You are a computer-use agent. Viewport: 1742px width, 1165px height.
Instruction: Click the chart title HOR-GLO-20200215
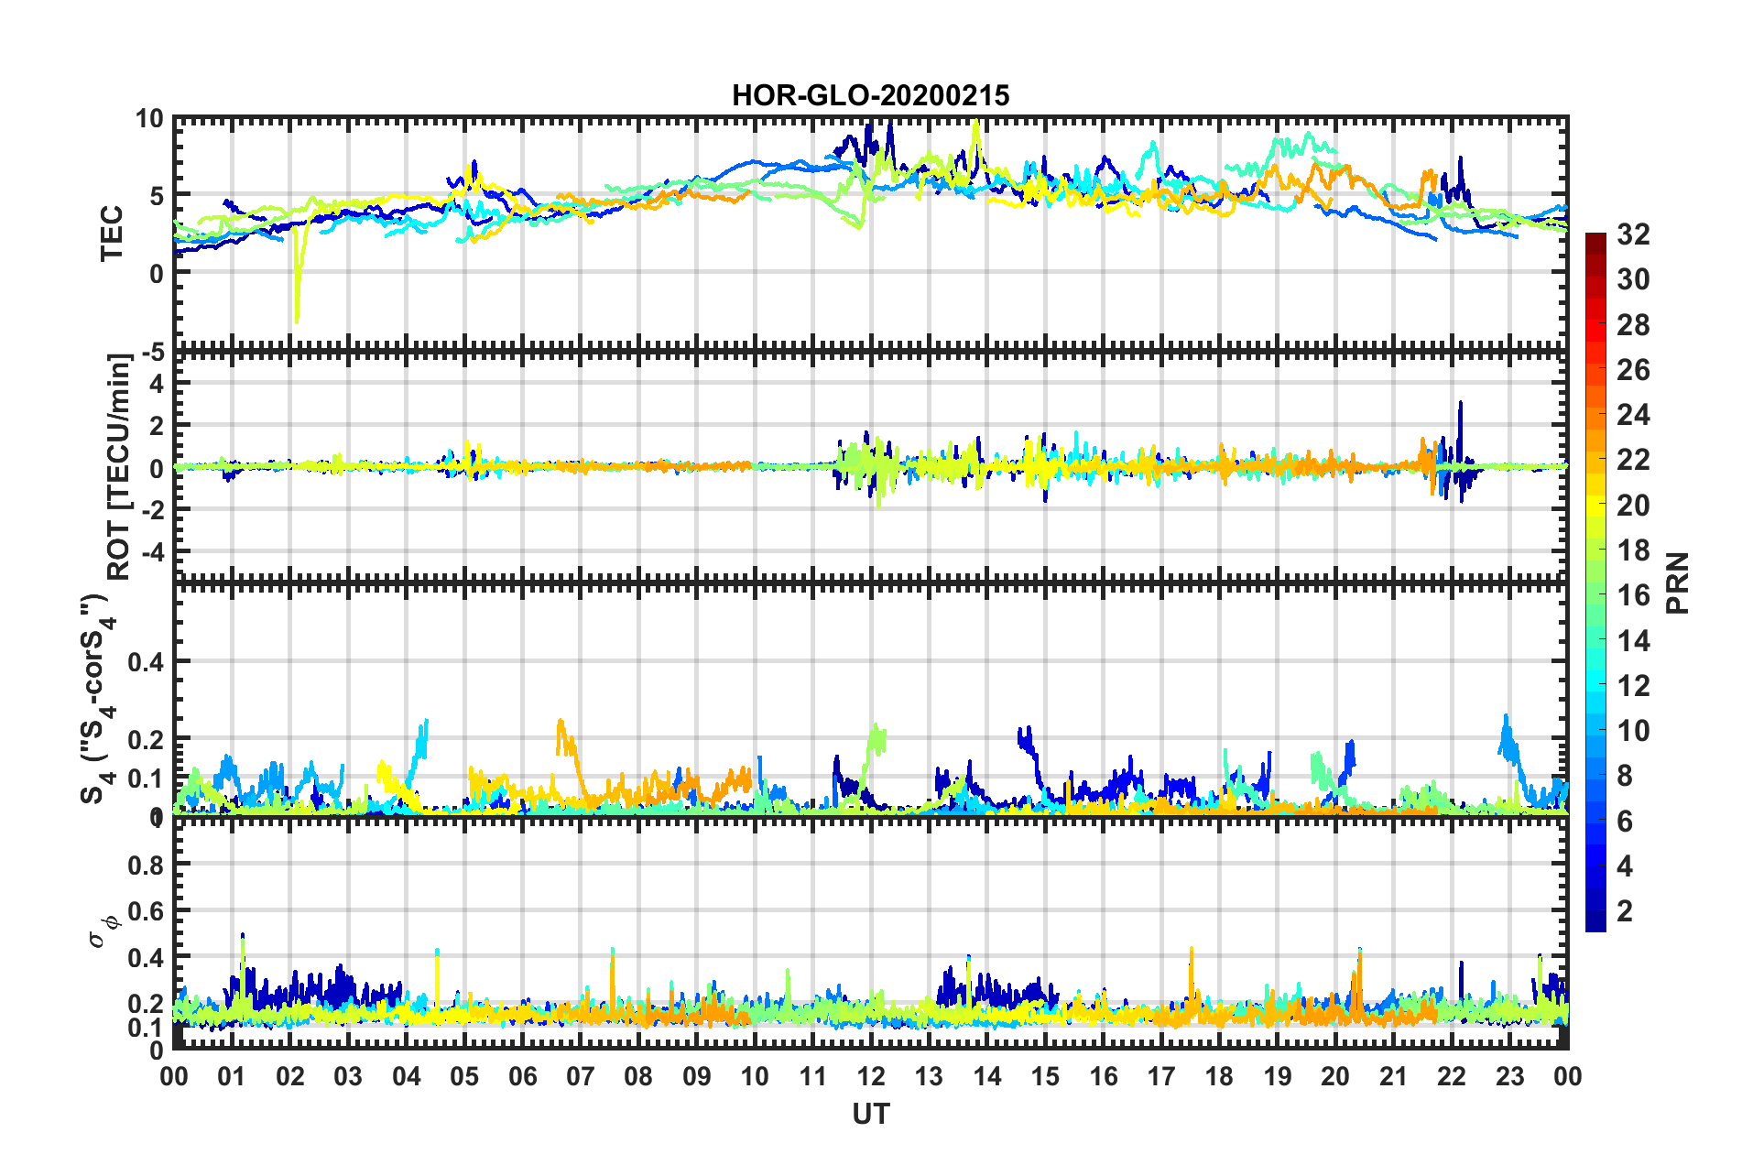(x=870, y=95)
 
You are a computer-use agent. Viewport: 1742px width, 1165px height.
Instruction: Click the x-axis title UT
(x=870, y=1114)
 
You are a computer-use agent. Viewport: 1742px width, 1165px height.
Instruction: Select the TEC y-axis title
(x=112, y=234)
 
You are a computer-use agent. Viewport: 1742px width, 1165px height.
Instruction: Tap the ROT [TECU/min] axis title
(x=119, y=466)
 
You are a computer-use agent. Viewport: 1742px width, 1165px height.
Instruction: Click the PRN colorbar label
(x=1677, y=583)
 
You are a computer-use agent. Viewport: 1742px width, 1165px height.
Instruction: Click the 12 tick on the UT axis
(x=871, y=1076)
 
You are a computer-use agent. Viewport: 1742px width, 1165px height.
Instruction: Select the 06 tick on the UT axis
(x=522, y=1076)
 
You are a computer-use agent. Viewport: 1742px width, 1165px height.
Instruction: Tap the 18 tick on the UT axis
(x=1219, y=1076)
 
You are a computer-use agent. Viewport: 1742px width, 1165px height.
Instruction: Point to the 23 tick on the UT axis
(x=1509, y=1076)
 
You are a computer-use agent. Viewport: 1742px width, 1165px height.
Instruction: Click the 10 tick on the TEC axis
(x=149, y=119)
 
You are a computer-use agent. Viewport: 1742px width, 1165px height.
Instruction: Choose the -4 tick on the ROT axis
(x=149, y=552)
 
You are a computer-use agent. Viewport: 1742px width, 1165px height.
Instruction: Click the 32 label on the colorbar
(x=1633, y=234)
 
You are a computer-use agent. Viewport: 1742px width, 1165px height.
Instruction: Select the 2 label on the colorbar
(x=1625, y=910)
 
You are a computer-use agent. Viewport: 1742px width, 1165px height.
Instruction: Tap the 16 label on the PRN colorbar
(x=1633, y=595)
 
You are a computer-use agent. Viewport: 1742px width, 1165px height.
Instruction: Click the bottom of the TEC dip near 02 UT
(x=296, y=321)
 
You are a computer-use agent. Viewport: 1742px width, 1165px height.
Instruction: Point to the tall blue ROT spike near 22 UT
(x=1461, y=403)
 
